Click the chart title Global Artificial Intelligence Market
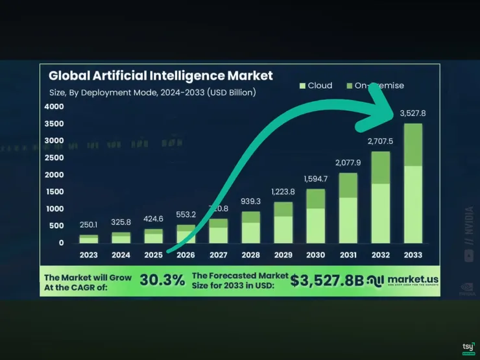click(x=161, y=75)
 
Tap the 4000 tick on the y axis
click(x=54, y=106)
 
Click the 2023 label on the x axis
click(x=89, y=255)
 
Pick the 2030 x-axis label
click(x=315, y=255)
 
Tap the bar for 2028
click(x=251, y=227)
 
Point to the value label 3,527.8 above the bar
click(x=413, y=114)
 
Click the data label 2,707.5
click(x=380, y=141)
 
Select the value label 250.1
click(x=89, y=224)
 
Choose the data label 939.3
click(x=251, y=201)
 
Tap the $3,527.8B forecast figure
click(x=327, y=281)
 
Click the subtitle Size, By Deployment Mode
click(x=152, y=92)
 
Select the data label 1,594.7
click(x=316, y=178)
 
